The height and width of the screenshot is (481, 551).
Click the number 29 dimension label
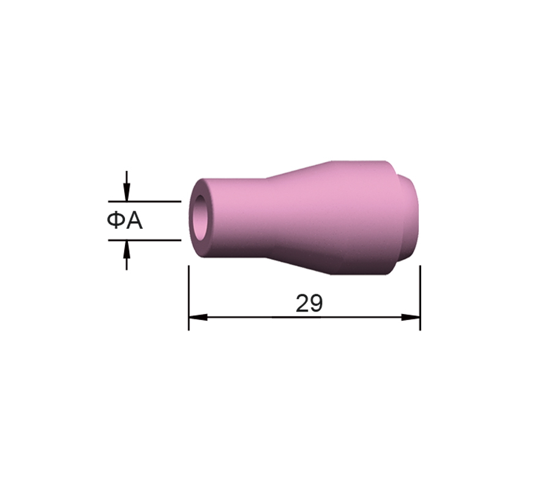pos(309,303)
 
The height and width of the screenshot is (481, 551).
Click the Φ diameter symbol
pos(116,221)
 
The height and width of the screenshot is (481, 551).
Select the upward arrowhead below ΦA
pos(127,250)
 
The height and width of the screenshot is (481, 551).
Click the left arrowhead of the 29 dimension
pos(198,317)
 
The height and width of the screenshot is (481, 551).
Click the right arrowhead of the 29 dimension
pos(411,317)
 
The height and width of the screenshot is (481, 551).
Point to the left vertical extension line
pos(189,298)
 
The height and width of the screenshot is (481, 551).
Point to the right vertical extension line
pos(420,298)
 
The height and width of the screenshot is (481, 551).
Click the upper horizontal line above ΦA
pos(144,202)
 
